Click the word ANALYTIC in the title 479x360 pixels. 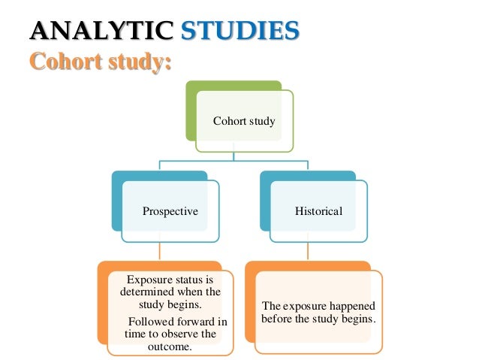point(98,31)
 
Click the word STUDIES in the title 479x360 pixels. point(240,31)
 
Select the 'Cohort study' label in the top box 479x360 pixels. point(244,120)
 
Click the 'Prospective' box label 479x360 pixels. point(170,211)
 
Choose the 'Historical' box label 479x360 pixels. point(318,211)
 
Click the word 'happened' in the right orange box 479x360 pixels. point(349,306)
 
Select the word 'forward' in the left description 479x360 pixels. point(201,321)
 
